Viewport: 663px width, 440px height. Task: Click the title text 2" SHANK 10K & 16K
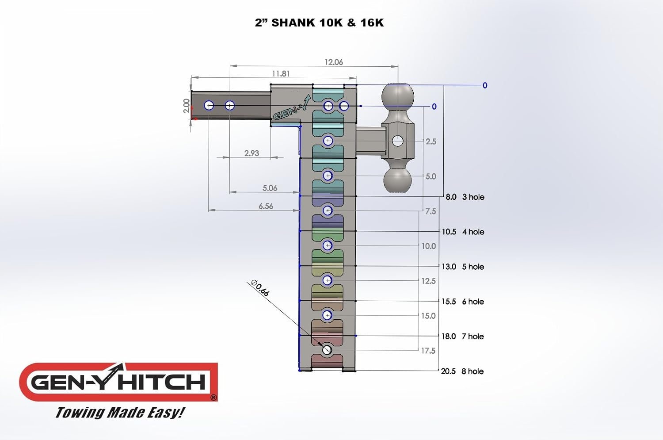pyautogui.click(x=319, y=23)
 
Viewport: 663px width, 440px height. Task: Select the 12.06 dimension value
pyautogui.click(x=334, y=62)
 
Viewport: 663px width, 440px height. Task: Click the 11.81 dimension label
pyautogui.click(x=281, y=73)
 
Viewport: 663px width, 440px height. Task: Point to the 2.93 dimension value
pyautogui.click(x=251, y=153)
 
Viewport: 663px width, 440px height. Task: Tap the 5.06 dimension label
pyautogui.click(x=270, y=188)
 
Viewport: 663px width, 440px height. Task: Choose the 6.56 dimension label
pyautogui.click(x=266, y=206)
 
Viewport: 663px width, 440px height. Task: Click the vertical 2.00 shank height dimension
pyautogui.click(x=187, y=106)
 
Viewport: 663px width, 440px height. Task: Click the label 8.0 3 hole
pyautogui.click(x=465, y=197)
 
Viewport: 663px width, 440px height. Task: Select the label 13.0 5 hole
pyautogui.click(x=463, y=267)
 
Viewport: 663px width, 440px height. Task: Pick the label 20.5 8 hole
pyautogui.click(x=462, y=371)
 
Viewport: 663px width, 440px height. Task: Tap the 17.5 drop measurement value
pyautogui.click(x=428, y=351)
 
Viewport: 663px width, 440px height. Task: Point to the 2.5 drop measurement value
pyautogui.click(x=431, y=142)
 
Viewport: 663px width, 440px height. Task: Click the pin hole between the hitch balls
pyautogui.click(x=398, y=141)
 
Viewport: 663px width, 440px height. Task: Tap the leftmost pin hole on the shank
pyautogui.click(x=209, y=106)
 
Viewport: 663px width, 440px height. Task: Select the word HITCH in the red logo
pyautogui.click(x=162, y=382)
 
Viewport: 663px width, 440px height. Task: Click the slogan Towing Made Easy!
pyautogui.click(x=120, y=412)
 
